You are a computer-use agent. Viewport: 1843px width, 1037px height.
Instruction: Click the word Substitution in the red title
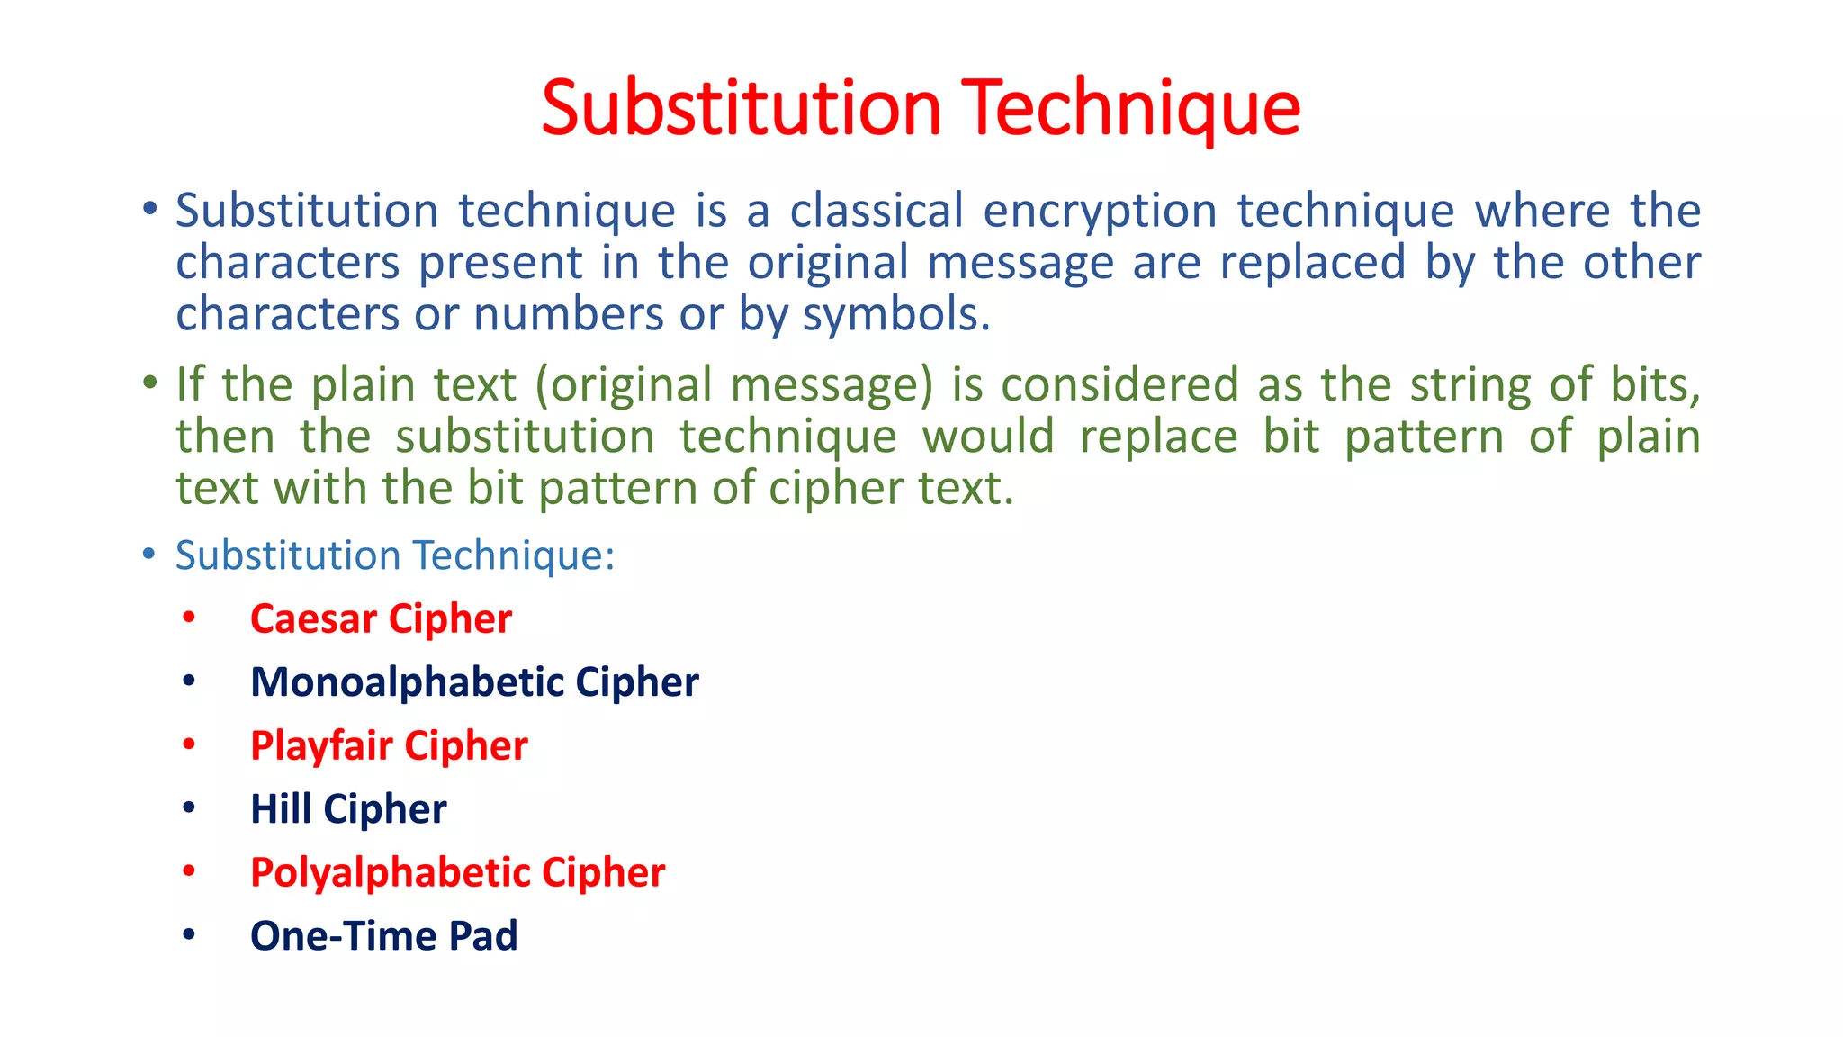[x=742, y=108]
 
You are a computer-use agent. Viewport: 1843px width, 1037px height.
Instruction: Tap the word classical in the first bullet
[x=877, y=211]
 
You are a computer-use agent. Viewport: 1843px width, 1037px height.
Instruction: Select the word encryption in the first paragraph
[x=1100, y=212]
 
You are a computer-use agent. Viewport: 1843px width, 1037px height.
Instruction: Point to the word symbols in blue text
[x=895, y=315]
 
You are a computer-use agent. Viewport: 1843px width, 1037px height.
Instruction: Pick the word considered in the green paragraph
[x=1119, y=384]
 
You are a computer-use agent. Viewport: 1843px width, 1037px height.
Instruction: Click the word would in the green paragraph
[x=988, y=437]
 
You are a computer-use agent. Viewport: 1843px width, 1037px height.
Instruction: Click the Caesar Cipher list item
[x=381, y=619]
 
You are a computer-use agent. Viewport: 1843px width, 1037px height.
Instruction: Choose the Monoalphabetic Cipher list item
[x=474, y=682]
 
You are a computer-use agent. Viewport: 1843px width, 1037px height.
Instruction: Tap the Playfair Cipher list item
[x=389, y=746]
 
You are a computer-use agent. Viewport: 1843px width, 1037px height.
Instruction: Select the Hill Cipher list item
[x=348, y=809]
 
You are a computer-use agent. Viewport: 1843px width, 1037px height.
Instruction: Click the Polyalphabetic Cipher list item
[x=457, y=873]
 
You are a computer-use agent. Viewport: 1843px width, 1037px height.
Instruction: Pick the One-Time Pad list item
[x=383, y=936]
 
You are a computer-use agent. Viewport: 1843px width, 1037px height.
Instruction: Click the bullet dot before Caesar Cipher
[x=188, y=618]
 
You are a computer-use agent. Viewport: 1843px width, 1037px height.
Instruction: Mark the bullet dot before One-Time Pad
[x=188, y=934]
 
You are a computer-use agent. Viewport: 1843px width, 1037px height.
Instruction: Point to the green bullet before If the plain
[x=149, y=383]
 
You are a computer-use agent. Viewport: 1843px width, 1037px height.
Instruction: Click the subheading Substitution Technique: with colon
[x=394, y=555]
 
